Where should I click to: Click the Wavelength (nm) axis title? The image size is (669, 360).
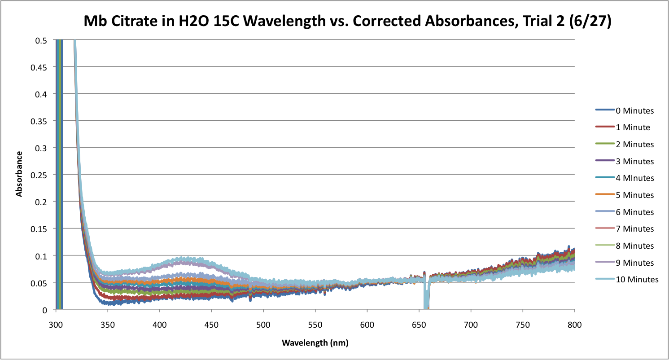click(x=315, y=343)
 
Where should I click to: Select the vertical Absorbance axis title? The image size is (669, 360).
click(x=19, y=174)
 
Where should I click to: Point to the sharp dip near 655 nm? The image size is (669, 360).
click(x=426, y=296)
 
